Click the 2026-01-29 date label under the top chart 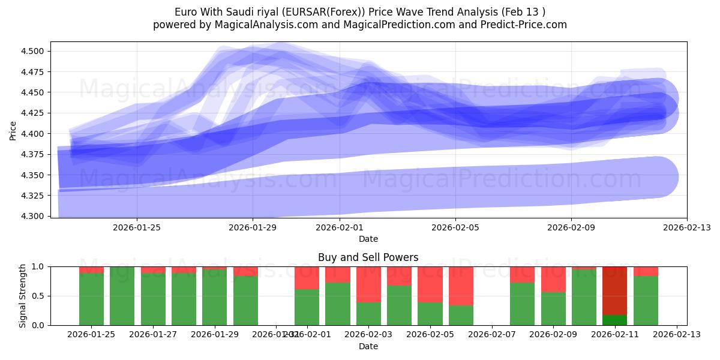pos(253,227)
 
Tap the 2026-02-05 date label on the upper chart pos(455,227)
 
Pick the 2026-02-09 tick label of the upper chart pos(571,227)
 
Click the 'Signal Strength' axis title pos(22,296)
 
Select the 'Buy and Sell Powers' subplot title pos(368,257)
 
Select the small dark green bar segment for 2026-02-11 pos(614,320)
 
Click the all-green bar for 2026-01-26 pos(122,296)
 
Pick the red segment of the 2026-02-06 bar pos(461,286)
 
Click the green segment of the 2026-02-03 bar pos(368,313)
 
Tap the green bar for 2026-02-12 pos(646,300)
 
